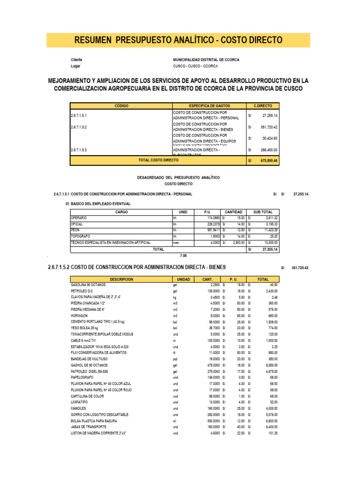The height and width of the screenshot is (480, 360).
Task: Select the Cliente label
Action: point(76,60)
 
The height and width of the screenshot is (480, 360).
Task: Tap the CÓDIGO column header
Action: point(121,106)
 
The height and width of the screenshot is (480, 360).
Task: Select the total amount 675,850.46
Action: point(269,160)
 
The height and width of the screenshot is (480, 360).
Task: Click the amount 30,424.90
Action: point(270,138)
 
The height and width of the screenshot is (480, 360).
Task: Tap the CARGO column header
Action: point(121,212)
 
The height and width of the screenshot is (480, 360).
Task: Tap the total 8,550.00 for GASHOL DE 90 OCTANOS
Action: point(270,364)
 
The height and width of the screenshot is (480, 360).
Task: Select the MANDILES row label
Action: point(78,408)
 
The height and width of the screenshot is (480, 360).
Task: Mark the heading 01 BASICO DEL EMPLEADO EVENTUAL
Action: point(98,204)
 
